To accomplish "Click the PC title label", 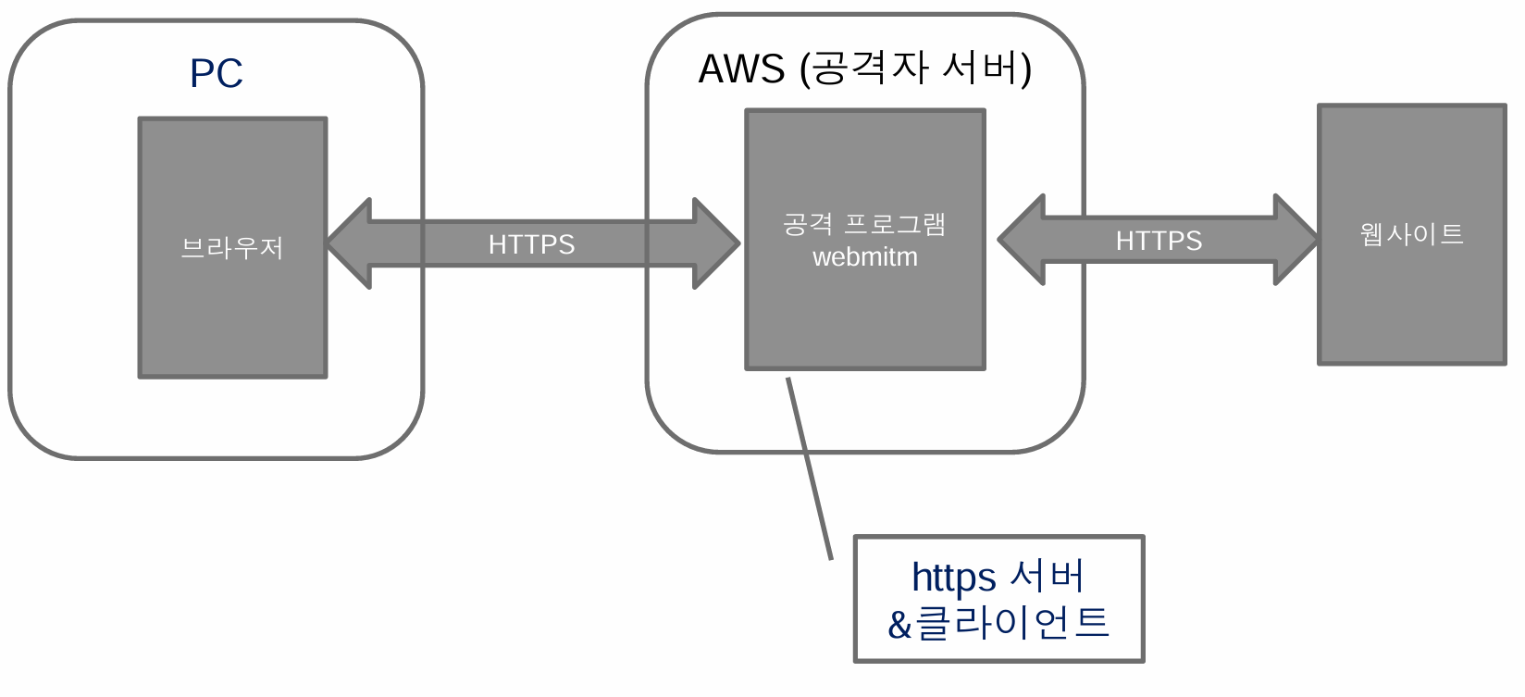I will tap(217, 73).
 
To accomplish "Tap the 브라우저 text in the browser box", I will tap(232, 248).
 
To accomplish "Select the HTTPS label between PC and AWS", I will tap(531, 244).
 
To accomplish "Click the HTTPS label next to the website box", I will tap(1159, 241).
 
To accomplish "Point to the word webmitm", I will tap(865, 257).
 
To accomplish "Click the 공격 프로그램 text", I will tap(864, 224).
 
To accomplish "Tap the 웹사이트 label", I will tap(1411, 234).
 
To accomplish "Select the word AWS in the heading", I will tap(741, 69).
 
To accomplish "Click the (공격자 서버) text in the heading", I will tap(916, 68).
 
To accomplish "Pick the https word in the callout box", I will tap(953, 578).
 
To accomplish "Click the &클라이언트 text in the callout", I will tap(998, 623).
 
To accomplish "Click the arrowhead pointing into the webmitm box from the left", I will tap(716, 243).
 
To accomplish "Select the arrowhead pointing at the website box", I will tap(1295, 240).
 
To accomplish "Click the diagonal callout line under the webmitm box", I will tap(809, 467).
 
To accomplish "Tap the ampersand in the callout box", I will tap(899, 625).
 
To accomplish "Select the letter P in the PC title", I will tap(203, 73).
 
